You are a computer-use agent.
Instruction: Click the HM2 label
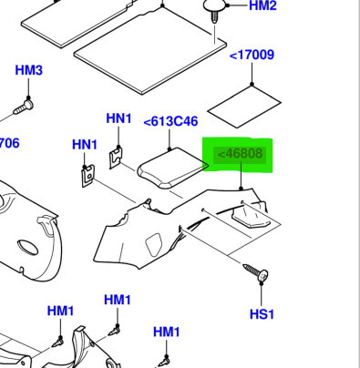click(x=262, y=5)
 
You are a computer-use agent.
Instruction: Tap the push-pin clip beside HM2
click(x=215, y=10)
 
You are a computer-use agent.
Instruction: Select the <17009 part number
click(x=252, y=56)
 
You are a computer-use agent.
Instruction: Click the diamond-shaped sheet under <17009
click(x=244, y=107)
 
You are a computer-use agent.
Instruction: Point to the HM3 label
click(x=29, y=70)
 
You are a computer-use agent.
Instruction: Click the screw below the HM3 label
click(x=24, y=107)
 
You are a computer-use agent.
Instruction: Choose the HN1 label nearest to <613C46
click(x=118, y=118)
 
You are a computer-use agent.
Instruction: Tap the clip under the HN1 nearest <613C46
click(x=116, y=158)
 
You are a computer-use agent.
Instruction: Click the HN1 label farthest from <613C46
click(x=85, y=145)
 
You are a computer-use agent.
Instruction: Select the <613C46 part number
click(x=170, y=121)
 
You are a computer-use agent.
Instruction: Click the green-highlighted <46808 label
click(x=240, y=154)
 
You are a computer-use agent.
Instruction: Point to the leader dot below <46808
click(x=242, y=189)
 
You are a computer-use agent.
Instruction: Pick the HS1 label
click(x=262, y=314)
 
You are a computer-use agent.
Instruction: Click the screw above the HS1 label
click(x=256, y=272)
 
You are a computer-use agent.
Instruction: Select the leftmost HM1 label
click(x=60, y=311)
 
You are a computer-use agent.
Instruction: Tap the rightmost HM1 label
click(x=167, y=332)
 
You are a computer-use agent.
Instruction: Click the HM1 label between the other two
click(x=118, y=300)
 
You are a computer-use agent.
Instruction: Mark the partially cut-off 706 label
click(x=9, y=143)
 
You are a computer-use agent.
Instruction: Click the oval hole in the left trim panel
click(x=27, y=248)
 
